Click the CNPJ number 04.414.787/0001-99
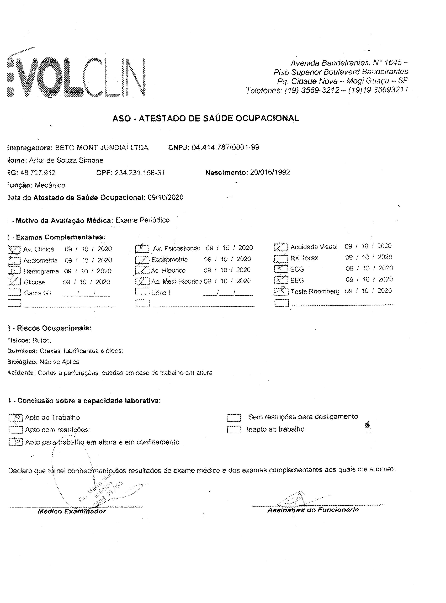225,147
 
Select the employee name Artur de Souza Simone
66,160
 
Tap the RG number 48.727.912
38,173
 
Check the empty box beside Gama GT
14,292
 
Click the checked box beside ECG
281,269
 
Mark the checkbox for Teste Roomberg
281,291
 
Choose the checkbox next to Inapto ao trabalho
234,430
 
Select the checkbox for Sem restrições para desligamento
234,418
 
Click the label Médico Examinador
72,511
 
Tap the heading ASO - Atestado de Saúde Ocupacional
206,118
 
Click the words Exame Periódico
142,220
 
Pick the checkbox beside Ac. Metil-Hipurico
142,281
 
